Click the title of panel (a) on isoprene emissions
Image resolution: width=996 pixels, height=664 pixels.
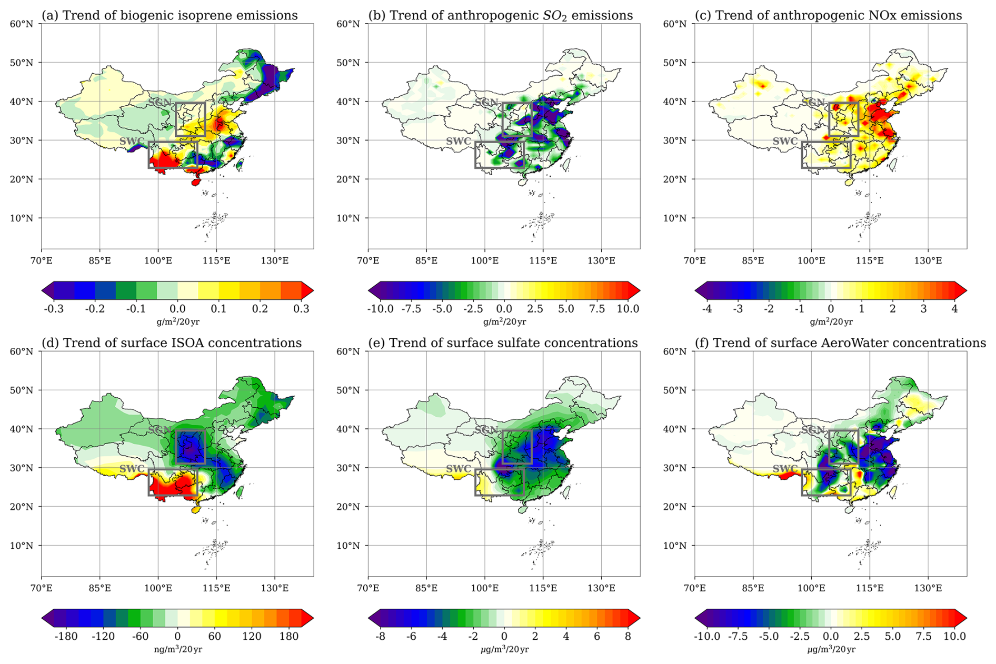[170, 15]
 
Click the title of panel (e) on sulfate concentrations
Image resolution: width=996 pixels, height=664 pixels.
[503, 343]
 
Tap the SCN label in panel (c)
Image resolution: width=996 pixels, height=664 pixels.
[813, 102]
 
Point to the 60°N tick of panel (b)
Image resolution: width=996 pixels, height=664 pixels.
[348, 24]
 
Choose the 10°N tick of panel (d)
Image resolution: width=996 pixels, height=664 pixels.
[22, 546]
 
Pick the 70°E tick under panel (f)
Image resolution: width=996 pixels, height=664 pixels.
[695, 588]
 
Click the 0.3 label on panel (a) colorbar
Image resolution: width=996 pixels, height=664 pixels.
[301, 309]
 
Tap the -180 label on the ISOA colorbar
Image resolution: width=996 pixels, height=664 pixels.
[66, 637]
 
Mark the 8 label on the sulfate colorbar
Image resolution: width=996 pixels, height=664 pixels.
[628, 637]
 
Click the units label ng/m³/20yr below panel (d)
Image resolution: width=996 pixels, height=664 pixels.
[178, 650]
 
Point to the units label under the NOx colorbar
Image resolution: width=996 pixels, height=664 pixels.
[831, 322]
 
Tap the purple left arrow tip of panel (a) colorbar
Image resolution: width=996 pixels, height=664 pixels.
[42, 290]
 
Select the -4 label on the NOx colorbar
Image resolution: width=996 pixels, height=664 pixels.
[707, 309]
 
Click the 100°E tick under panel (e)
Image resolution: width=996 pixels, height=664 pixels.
[484, 588]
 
